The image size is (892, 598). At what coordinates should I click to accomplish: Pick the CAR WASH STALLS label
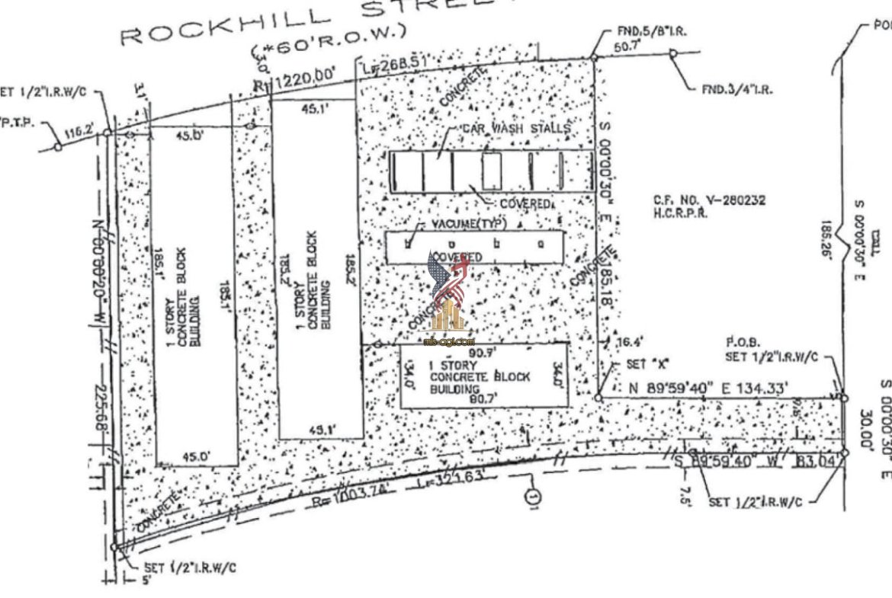[x=515, y=129]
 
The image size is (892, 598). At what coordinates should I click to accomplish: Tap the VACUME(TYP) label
[x=464, y=226]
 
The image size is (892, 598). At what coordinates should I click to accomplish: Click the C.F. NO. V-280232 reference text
[x=709, y=200]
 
